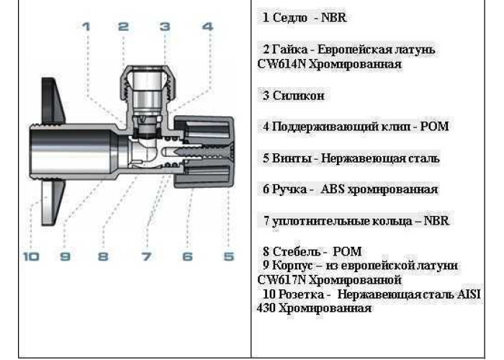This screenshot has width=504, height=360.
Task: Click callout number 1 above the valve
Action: [86, 27]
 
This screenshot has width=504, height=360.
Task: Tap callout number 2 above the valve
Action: [123, 27]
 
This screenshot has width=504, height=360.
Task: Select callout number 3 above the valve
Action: [164, 27]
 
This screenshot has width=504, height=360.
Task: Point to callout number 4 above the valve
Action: [207, 27]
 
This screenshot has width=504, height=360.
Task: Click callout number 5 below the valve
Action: [228, 256]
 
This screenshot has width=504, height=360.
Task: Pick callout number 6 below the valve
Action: [187, 256]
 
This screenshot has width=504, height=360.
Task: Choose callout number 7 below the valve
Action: [146, 256]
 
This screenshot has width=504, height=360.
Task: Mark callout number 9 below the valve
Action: [65, 256]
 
